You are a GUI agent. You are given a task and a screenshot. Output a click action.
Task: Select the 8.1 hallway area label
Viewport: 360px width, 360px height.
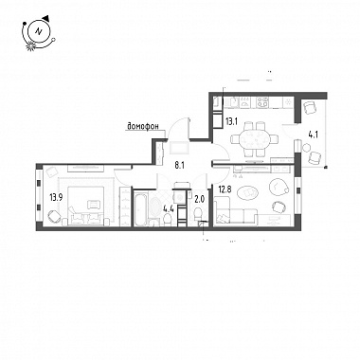coord(180,165)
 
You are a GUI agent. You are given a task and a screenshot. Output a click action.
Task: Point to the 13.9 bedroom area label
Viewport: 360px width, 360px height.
coord(56,198)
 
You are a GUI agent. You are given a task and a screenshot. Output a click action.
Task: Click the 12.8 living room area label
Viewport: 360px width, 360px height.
coord(225,189)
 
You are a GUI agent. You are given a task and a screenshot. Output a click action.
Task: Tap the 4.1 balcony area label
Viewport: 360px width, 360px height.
coord(313,135)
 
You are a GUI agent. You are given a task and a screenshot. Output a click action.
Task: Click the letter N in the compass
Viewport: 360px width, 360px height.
coord(39,31)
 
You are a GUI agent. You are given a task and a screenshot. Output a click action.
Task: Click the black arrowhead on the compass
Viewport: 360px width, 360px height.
coord(46,17)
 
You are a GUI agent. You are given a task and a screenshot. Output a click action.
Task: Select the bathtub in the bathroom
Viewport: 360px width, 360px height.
coord(140,207)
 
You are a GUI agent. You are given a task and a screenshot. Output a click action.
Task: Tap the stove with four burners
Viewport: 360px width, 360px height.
coord(262,102)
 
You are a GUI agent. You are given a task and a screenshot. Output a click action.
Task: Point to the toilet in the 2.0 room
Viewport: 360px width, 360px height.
coord(197,215)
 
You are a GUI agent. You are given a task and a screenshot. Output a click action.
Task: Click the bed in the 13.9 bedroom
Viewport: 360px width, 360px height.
coord(84,206)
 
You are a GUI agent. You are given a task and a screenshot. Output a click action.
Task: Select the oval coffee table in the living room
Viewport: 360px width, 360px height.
coord(247,191)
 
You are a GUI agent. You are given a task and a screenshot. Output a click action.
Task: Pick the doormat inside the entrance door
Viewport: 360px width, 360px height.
coord(178,148)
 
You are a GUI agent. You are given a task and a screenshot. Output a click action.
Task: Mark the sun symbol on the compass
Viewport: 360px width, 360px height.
coord(30,46)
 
